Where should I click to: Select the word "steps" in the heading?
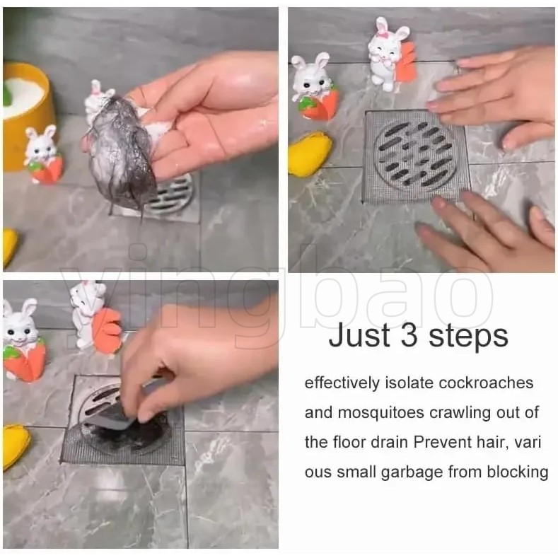coord(469,337)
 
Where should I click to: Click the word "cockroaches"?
coord(486,383)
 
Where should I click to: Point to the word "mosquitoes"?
coord(380,414)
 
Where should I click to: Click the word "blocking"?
coord(518,472)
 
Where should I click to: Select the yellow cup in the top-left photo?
coord(25,114)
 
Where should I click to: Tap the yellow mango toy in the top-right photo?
coord(310,153)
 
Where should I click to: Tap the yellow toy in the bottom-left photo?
coord(15,446)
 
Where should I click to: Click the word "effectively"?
coord(342,383)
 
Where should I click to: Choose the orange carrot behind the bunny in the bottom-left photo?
coord(107,330)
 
